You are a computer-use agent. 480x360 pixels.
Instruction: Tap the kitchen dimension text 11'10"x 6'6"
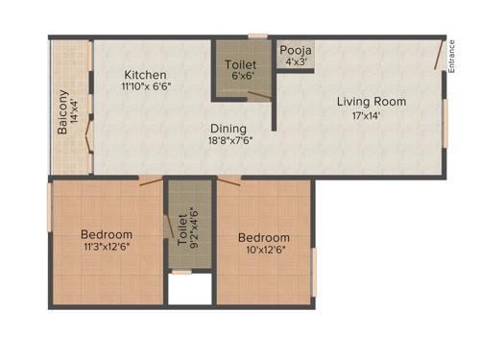coord(146,87)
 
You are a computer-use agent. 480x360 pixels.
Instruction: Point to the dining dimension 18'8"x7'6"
coord(228,142)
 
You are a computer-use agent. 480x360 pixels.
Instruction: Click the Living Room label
coord(371,101)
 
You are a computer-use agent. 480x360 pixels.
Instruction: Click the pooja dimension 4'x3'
coord(295,63)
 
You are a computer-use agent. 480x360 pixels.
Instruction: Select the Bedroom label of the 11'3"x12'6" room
coord(107,234)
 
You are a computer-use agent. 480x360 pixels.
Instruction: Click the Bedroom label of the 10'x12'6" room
coord(264,238)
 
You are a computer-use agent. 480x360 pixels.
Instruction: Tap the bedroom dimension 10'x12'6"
coord(265,252)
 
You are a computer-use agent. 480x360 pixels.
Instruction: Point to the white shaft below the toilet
coord(189,290)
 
